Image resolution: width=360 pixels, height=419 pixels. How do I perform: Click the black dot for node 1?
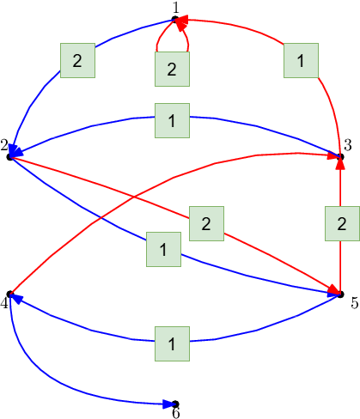[175, 19]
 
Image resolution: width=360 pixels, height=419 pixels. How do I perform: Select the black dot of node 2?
[10, 157]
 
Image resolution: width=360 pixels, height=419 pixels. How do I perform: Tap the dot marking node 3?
[340, 156]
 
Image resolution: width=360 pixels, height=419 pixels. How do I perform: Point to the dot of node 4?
[10, 294]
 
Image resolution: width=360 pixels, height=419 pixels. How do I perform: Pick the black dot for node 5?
[340, 294]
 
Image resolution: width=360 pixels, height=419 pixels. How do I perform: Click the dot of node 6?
[175, 404]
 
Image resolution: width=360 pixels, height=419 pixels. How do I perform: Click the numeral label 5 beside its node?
[355, 303]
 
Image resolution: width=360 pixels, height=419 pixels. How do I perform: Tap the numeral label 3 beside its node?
[348, 145]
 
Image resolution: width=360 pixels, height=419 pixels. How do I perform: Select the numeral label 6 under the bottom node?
[176, 413]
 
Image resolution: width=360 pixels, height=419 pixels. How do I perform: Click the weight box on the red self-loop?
[172, 69]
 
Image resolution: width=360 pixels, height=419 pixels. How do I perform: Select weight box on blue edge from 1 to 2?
[77, 60]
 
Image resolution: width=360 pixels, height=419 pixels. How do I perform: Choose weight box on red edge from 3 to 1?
[301, 60]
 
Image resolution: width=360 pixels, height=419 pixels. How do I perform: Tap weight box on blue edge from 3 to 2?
[172, 120]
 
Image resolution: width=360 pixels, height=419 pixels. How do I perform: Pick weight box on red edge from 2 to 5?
[206, 223]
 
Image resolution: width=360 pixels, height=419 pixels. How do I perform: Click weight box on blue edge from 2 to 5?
[163, 249]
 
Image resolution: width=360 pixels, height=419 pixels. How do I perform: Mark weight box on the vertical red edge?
[342, 223]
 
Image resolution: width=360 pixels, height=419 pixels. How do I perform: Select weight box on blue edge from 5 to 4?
[172, 343]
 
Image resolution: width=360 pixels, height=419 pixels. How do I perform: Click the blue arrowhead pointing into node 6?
[169, 404]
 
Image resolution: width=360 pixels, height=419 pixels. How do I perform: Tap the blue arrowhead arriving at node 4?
[16, 298]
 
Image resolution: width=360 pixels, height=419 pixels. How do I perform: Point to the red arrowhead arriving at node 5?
[334, 290]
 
